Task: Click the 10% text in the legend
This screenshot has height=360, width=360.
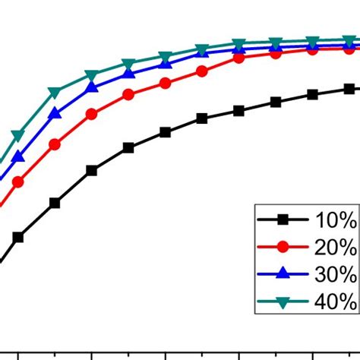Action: [335, 220]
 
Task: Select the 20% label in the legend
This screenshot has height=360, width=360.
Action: [335, 247]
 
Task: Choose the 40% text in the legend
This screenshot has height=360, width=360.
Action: [335, 301]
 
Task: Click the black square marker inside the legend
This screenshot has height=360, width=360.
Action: [283, 220]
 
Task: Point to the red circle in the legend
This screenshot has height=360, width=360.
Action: [283, 247]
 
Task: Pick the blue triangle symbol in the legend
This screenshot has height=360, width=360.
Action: [283, 273]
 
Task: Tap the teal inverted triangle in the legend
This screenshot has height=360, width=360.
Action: [283, 302]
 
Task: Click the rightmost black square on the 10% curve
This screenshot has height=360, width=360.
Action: [349, 89]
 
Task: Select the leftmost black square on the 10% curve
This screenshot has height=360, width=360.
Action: [18, 237]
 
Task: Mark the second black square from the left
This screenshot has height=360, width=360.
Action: [55, 203]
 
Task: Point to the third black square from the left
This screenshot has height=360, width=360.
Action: [92, 171]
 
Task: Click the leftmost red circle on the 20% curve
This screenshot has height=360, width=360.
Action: [18, 182]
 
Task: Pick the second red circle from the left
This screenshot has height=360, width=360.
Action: [55, 144]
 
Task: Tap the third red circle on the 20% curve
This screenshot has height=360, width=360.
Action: [92, 115]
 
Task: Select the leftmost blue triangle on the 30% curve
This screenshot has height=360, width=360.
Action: [18, 157]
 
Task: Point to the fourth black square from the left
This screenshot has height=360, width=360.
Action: [128, 147]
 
